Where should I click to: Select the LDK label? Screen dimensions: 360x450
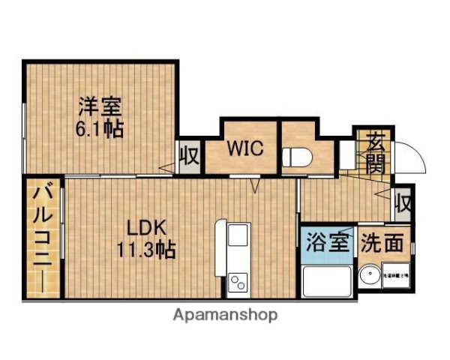point(144,226)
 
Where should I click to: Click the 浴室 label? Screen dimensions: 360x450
point(328,242)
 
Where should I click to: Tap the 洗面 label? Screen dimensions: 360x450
point(383,243)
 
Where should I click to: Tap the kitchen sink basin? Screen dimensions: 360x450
point(235,239)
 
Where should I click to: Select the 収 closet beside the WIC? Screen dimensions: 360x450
point(190,157)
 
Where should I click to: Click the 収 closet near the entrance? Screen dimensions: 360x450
point(403,202)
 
